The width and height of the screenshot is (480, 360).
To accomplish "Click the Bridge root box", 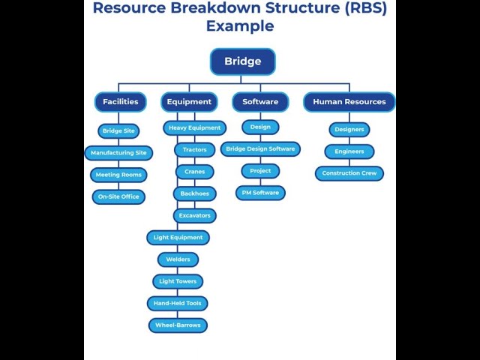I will (x=242, y=61).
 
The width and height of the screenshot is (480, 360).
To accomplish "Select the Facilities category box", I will (x=120, y=102).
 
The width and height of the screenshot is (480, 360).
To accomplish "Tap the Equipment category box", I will (x=189, y=102).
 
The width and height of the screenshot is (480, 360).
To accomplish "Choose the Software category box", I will (x=260, y=102).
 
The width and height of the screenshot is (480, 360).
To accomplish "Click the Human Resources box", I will (x=349, y=102).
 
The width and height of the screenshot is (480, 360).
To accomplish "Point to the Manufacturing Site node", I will (x=118, y=153).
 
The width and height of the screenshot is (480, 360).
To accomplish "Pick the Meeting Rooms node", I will (x=118, y=175).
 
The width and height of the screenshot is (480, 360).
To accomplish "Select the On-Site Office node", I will (x=118, y=196).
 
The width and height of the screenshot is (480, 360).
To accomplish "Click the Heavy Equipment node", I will (x=194, y=128).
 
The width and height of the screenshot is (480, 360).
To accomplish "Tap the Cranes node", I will (x=194, y=172).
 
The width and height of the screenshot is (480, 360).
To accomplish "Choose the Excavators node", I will (x=194, y=215).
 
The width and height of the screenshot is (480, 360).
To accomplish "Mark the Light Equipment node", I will (x=178, y=238).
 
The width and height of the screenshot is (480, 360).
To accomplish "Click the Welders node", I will (x=178, y=259).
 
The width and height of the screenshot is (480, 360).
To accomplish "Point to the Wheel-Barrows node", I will (x=178, y=325).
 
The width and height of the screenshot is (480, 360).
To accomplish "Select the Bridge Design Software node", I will (x=260, y=149).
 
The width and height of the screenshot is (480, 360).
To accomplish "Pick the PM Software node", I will (x=260, y=193).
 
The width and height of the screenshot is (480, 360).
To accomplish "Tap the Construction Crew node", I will (x=349, y=173).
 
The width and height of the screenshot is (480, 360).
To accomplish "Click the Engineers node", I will (x=349, y=151).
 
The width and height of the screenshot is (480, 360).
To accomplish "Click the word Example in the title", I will (x=240, y=26).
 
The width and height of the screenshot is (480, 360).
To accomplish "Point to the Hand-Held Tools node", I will (x=178, y=304).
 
